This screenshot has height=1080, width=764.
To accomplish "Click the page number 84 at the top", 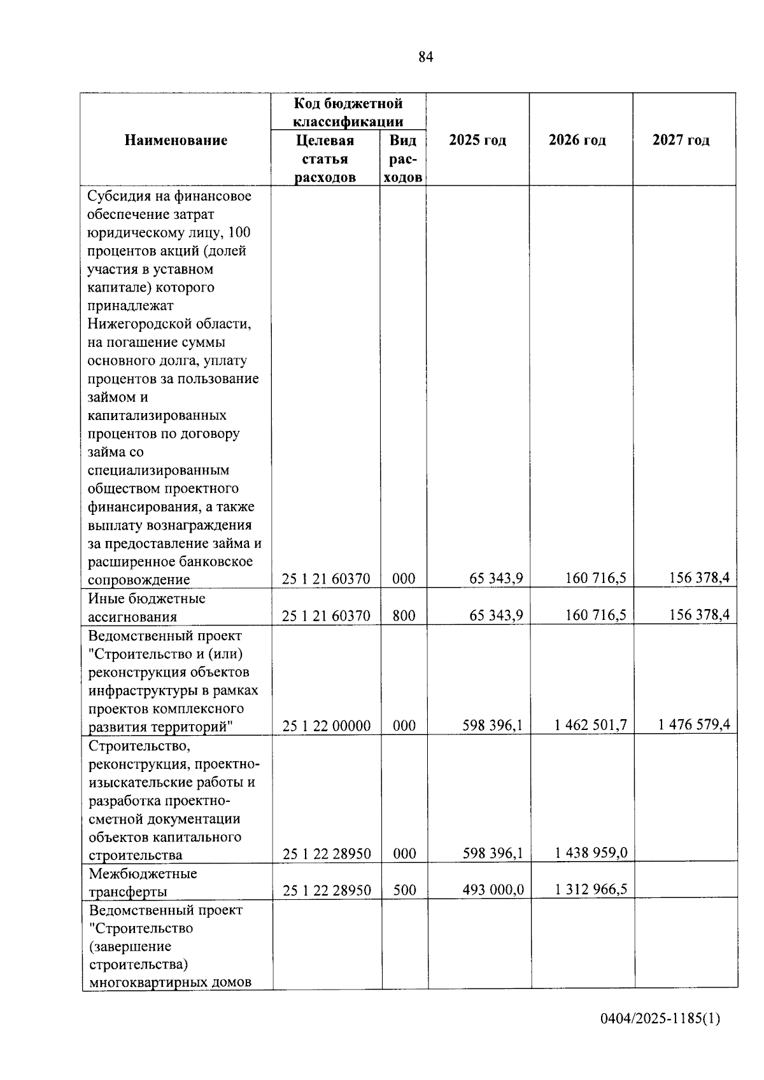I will point(426,57).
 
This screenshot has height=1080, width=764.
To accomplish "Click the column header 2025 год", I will point(477,140).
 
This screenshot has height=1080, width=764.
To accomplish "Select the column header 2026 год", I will point(577,140).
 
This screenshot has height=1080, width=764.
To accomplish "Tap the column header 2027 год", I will point(681,140).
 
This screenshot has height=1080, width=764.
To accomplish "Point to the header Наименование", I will point(176,140).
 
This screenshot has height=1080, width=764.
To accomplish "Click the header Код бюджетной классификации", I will point(348,112).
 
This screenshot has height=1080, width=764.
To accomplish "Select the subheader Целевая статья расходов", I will point(325,158).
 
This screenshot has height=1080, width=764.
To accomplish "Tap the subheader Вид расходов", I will point(403,158).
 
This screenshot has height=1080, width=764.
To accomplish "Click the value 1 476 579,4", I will point(695,724).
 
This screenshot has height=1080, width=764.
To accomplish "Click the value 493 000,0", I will point(493,890).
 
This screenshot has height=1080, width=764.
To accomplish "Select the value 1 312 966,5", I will point(591,889).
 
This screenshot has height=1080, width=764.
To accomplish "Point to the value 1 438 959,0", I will point(591,853).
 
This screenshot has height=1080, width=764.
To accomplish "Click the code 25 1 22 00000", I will point(327,726).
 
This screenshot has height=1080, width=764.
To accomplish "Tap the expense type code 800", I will point(404,615).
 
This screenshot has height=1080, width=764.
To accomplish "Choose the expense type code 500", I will point(404,890).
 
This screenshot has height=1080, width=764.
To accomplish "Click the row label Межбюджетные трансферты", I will point(143,882).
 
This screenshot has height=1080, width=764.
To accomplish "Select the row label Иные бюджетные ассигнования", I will point(146,607).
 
